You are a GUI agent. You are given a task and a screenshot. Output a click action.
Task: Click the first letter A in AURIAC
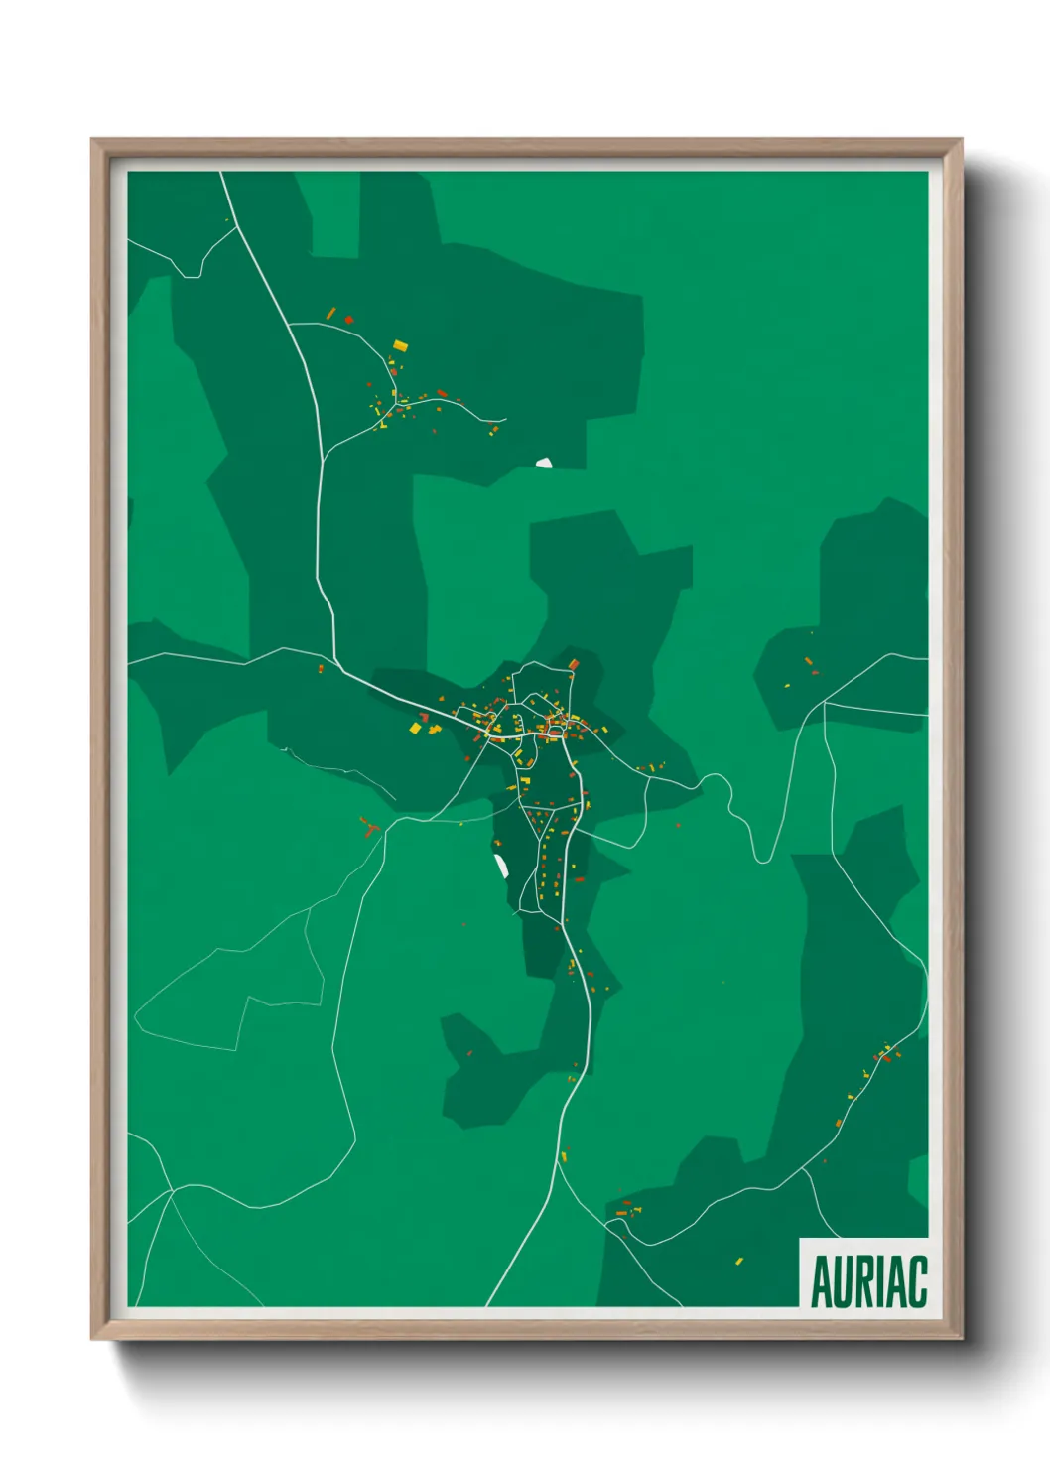click(822, 1281)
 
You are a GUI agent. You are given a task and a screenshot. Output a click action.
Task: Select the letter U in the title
click(844, 1281)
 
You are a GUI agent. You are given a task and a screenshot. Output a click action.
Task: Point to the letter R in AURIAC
click(865, 1281)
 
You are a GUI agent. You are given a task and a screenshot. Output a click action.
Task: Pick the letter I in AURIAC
click(881, 1281)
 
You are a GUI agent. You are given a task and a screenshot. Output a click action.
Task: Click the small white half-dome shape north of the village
click(544, 463)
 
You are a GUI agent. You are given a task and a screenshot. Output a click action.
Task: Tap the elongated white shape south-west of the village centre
click(502, 866)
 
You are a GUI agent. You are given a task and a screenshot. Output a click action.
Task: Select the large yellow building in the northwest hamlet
click(400, 345)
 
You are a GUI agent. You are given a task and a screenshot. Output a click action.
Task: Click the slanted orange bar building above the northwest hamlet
click(331, 314)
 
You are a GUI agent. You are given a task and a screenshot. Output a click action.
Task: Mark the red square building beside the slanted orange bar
click(348, 320)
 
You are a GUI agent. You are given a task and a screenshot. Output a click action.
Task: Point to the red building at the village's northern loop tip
click(573, 664)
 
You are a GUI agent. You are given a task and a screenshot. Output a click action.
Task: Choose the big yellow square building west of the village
click(416, 729)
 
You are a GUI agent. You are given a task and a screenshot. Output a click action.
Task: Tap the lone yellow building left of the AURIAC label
click(738, 1262)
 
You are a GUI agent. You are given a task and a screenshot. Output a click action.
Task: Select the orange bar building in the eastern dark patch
click(808, 661)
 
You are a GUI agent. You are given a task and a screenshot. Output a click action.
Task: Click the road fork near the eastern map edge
click(825, 703)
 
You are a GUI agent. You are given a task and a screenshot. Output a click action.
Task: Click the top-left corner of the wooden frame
click(92, 140)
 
